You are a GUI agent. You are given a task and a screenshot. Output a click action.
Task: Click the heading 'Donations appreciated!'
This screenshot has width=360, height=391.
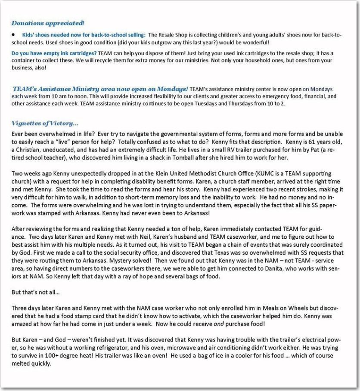(x=48, y=23)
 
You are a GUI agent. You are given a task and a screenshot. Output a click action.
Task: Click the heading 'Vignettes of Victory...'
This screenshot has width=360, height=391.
(x=45, y=123)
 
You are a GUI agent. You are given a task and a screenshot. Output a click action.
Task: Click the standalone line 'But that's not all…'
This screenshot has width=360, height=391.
(x=36, y=292)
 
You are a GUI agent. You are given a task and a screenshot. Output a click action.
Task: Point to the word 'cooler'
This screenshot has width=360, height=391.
(x=254, y=355)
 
